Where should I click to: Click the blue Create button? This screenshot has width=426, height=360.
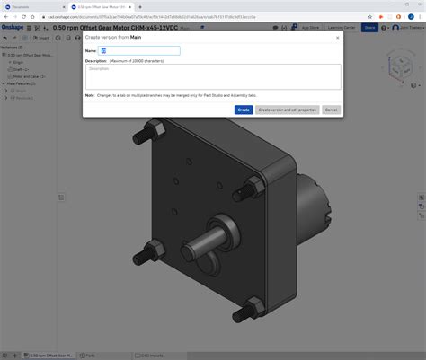click(x=243, y=110)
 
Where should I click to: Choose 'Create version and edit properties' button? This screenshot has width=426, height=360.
click(x=287, y=110)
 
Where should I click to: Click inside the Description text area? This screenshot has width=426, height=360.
click(x=213, y=76)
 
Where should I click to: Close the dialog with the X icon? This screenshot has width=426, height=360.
click(x=337, y=38)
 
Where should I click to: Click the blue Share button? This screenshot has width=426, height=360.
click(x=369, y=28)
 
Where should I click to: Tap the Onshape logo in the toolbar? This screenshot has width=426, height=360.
click(x=14, y=28)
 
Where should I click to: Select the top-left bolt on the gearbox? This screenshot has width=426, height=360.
click(x=141, y=138)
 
